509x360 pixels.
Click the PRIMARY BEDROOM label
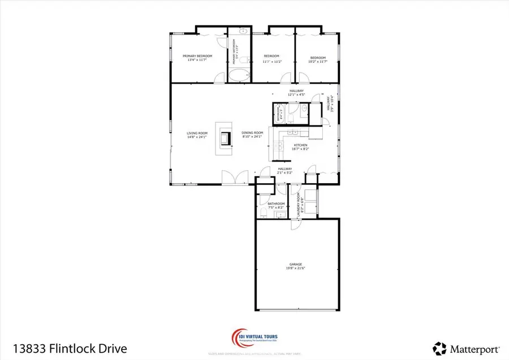pos(197,56)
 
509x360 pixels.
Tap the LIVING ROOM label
pos(198,133)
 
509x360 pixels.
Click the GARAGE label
pos(295,264)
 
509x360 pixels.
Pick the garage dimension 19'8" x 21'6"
pos(295,268)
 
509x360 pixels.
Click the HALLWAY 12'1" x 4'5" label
pos(296,93)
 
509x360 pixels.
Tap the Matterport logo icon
pos(439,347)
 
